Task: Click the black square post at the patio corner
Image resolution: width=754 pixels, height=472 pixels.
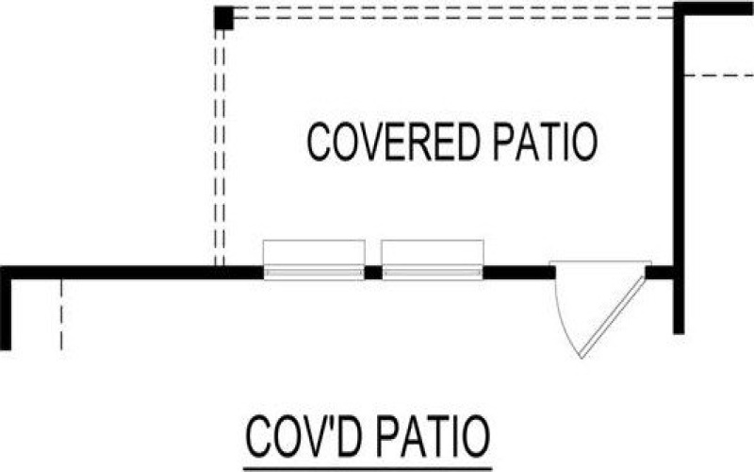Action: coord(223,18)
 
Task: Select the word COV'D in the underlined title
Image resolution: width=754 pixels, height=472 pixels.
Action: coord(299,437)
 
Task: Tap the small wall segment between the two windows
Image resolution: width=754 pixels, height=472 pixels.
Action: coord(373,273)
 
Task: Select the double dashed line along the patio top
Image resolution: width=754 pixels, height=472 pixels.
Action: coord(452,13)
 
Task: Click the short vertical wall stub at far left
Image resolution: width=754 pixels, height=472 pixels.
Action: coord(6,312)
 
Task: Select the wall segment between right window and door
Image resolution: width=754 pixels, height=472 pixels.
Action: coord(518,273)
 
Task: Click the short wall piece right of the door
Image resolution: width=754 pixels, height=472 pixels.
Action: coord(660,273)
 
